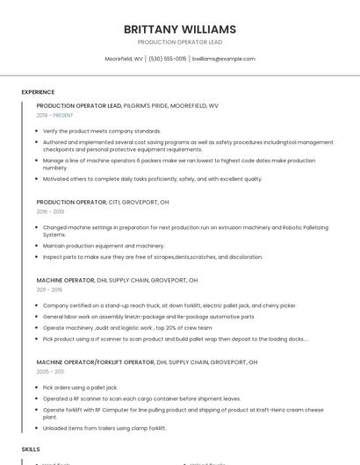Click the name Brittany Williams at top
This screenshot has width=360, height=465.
tap(180, 29)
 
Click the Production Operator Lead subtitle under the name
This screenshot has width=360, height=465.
tap(180, 42)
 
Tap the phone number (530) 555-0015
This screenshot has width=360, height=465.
tap(167, 59)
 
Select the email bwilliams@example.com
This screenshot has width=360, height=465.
tap(224, 59)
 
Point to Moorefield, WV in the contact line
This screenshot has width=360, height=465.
tap(124, 59)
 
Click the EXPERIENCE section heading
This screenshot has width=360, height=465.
tap(38, 92)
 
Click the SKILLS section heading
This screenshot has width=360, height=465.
tap(31, 448)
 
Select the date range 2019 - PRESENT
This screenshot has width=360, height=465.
tap(55, 115)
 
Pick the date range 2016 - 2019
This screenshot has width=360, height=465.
tap(50, 211)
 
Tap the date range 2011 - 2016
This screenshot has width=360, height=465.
tap(49, 290)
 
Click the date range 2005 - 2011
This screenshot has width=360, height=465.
tap(50, 371)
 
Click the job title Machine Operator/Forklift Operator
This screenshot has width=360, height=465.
tap(95, 361)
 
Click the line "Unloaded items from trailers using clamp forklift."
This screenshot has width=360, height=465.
tap(104, 428)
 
